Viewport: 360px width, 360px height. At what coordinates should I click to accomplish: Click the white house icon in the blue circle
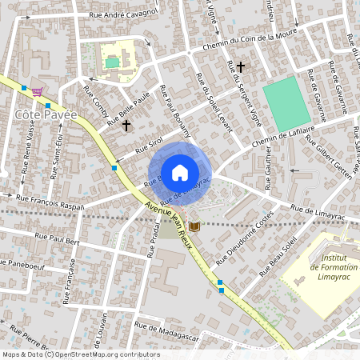point(180,171)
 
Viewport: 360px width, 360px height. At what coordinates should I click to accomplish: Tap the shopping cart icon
point(37,92)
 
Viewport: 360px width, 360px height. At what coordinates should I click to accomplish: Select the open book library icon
point(194,228)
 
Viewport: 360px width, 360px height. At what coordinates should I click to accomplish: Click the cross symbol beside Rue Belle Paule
point(126,126)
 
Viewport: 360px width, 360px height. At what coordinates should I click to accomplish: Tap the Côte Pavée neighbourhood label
point(46,114)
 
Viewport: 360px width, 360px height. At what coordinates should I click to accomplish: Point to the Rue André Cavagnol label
point(112,14)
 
